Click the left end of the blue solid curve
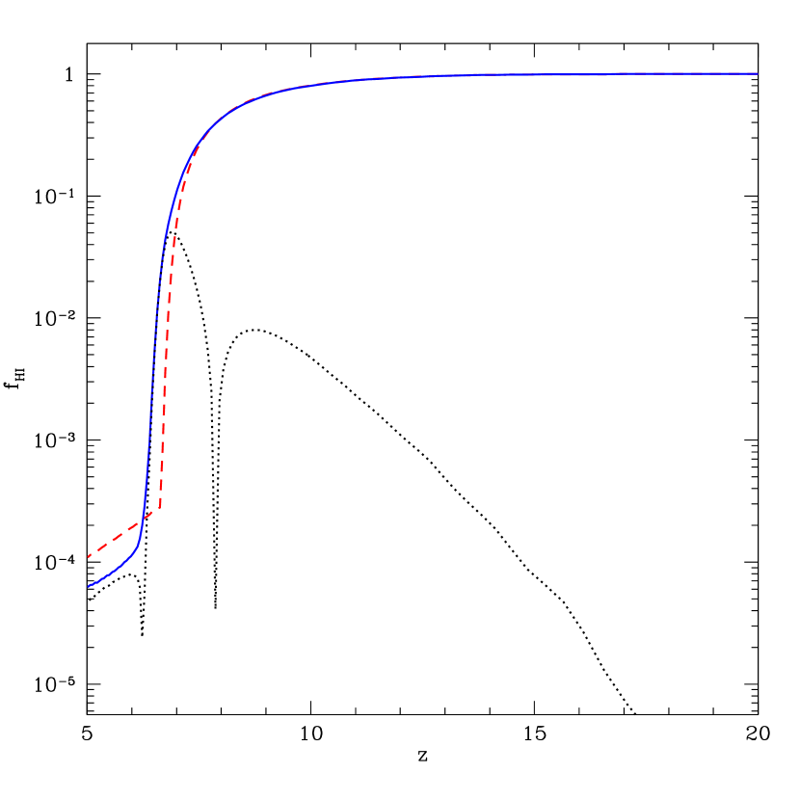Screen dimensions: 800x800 coord(89,586)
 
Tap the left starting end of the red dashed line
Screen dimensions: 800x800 coord(89,556)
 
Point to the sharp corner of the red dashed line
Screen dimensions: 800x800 coord(160,507)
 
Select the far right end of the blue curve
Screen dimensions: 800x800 coord(757,73)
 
